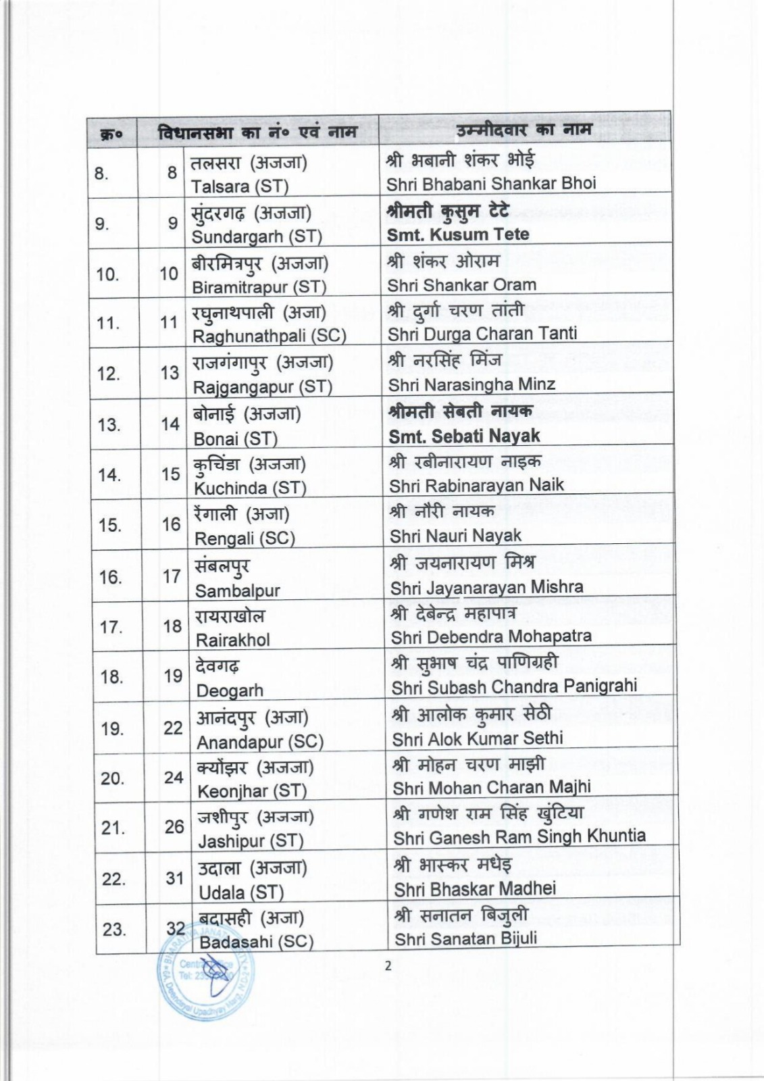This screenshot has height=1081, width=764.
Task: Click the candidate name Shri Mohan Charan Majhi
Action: point(491,788)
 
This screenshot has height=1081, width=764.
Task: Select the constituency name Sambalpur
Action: point(237,590)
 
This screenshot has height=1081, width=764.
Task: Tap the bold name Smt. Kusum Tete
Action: point(457,235)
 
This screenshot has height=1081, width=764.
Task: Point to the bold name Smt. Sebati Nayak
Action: point(463,436)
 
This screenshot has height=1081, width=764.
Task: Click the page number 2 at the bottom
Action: point(388,965)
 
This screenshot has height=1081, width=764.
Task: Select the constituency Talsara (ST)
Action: point(240,186)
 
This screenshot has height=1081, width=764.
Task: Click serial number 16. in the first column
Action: point(110,577)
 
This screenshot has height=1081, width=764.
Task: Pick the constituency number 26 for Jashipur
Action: point(174,827)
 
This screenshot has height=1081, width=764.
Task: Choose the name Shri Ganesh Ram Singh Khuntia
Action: point(519,837)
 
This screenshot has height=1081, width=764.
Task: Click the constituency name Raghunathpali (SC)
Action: point(269,336)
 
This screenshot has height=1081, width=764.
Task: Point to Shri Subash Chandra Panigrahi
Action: point(513,686)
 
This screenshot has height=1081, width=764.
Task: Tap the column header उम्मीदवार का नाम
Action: point(524,128)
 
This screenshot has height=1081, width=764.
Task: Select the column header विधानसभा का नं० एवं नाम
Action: point(257,132)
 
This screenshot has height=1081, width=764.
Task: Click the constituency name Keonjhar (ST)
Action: point(251,791)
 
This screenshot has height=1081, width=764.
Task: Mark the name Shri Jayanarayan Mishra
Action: point(486,587)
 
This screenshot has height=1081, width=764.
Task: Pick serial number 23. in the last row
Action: point(114,930)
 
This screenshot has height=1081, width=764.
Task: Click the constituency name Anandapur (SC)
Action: point(259,742)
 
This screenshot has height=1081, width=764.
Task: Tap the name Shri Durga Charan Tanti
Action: point(482,334)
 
